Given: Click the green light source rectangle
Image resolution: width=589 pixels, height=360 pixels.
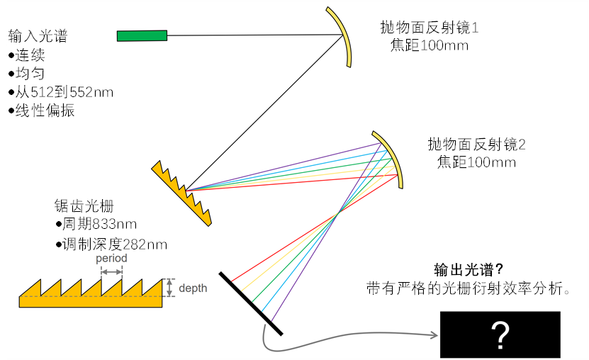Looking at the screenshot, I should pos(142,35).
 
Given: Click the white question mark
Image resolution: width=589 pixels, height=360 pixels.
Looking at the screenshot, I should pos(500,334).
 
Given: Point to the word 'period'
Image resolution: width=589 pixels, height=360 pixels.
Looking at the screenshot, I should pos(111,258).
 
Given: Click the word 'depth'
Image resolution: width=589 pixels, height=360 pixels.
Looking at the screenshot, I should pos(193,288).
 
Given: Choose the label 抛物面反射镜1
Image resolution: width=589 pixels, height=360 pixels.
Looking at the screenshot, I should pos(430,28).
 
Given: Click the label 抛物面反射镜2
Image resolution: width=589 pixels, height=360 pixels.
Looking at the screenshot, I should pos(476,145).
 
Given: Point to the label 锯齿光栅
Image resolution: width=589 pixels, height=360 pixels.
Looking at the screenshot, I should pos(84,206).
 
